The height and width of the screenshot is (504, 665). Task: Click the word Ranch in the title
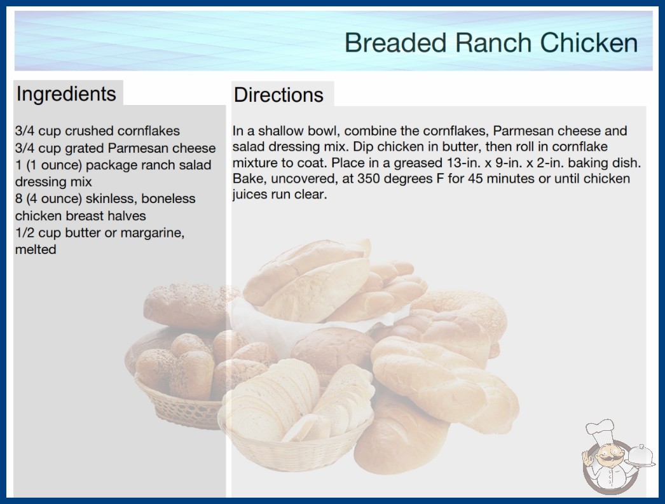(493, 43)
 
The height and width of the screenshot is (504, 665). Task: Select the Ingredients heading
(65, 94)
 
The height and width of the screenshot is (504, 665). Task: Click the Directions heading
(278, 95)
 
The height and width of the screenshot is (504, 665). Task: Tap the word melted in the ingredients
(36, 249)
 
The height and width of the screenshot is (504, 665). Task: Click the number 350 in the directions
(369, 178)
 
